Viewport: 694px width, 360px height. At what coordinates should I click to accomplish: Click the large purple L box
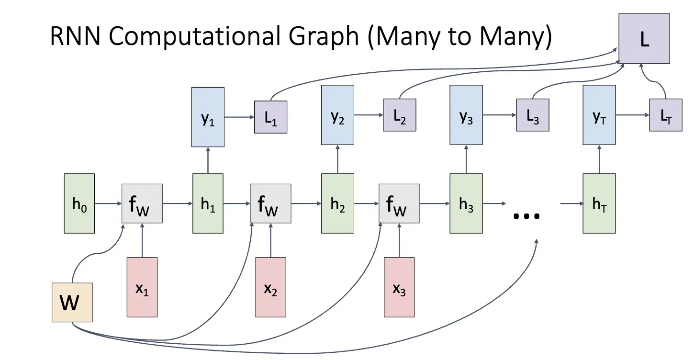click(644, 38)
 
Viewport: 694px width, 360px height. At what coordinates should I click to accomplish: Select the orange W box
click(72, 302)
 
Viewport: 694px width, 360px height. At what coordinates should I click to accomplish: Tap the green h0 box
click(79, 203)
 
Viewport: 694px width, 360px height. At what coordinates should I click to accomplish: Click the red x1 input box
click(142, 287)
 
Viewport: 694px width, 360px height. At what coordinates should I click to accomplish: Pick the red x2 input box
click(270, 287)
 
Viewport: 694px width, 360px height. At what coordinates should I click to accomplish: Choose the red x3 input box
click(399, 287)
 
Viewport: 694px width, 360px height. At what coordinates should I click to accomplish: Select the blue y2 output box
click(338, 115)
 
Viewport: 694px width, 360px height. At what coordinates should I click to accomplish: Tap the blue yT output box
click(599, 115)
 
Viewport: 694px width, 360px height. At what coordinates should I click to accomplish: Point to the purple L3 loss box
click(532, 115)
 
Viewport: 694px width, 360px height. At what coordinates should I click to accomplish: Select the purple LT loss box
click(665, 115)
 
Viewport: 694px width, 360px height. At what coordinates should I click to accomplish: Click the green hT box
click(599, 203)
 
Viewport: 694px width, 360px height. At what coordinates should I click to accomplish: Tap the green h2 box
click(338, 203)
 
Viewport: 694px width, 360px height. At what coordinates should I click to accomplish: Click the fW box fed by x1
click(142, 203)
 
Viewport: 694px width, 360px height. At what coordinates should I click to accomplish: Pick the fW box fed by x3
click(399, 203)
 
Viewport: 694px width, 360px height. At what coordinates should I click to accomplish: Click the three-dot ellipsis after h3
click(526, 216)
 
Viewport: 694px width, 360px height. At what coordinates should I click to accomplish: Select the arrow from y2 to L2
click(369, 115)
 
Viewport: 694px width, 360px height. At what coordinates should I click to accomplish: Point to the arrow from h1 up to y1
click(208, 160)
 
